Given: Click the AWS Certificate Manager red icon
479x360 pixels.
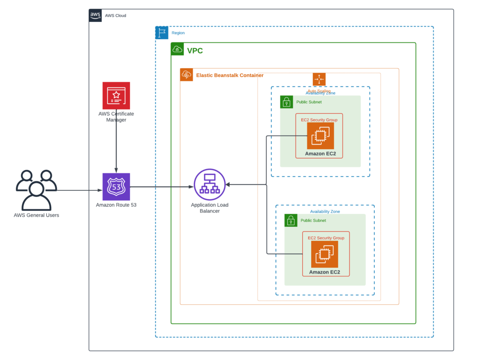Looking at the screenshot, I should [x=116, y=95].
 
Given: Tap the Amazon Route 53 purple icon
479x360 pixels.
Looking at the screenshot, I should [x=116, y=187].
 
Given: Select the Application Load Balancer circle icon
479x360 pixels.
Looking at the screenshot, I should [x=210, y=185].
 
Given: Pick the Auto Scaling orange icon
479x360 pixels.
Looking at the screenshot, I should [x=319, y=79].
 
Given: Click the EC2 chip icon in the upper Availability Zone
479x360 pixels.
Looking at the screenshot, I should [x=320, y=136].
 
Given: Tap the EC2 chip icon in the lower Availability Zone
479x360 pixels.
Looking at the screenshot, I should [x=325, y=254].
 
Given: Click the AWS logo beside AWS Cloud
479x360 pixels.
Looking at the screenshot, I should [x=95, y=15].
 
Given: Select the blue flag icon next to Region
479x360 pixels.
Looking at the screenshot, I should [x=162, y=33].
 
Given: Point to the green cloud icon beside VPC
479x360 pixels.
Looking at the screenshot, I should [x=177, y=49].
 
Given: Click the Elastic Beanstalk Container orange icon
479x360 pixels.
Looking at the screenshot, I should [x=186, y=75].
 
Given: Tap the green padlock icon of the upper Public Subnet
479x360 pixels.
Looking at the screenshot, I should [x=286, y=102].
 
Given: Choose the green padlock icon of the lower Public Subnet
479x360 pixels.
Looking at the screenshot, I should [x=290, y=220].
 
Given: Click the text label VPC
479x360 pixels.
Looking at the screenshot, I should [x=195, y=50].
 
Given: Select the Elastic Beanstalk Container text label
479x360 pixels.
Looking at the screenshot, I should [x=230, y=75].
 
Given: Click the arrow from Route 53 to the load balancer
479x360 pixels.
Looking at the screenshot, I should [x=161, y=187].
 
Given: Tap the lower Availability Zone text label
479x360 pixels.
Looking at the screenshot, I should [x=325, y=211].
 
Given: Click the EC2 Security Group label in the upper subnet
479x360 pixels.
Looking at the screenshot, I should [x=319, y=120].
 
